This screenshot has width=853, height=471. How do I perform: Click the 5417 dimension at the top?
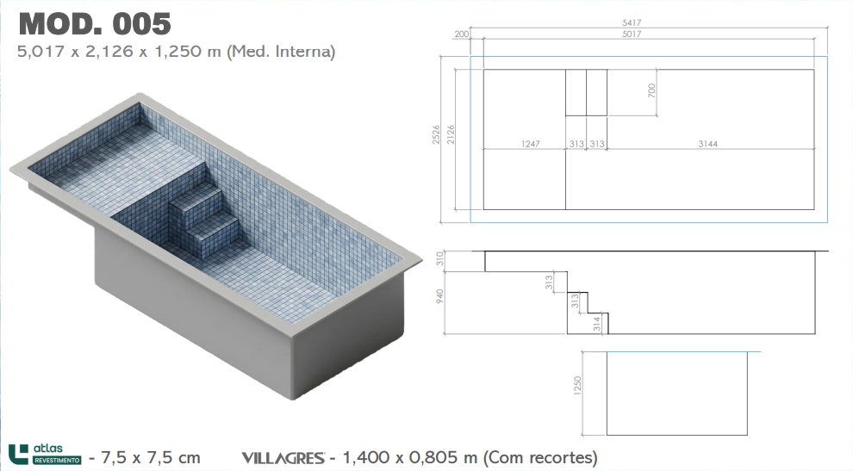(x=632, y=23)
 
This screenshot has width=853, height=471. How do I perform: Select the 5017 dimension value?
(x=632, y=34)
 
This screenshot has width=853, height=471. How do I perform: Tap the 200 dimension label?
(x=461, y=34)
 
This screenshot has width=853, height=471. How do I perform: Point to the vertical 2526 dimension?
(x=436, y=135)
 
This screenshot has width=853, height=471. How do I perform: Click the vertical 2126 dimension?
(x=451, y=135)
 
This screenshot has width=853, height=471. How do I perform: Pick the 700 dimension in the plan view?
(x=651, y=90)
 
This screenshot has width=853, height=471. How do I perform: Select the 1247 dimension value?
(x=531, y=144)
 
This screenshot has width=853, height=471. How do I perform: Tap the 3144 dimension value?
(x=707, y=144)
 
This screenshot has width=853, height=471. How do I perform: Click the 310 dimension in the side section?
(x=440, y=259)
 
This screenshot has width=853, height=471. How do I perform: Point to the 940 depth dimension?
(x=440, y=296)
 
